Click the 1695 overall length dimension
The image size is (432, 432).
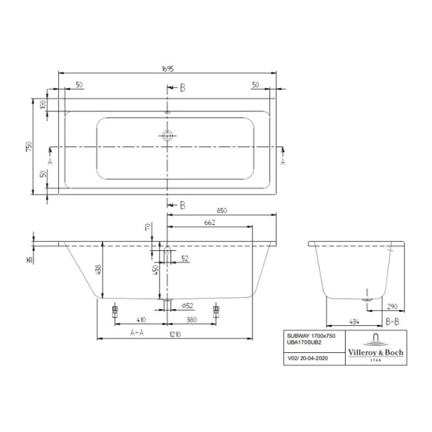[167, 69]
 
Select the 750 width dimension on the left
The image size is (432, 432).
[28, 146]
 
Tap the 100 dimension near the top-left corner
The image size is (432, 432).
[43, 104]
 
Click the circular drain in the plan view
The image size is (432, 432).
[167, 136]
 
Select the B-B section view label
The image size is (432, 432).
[392, 322]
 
